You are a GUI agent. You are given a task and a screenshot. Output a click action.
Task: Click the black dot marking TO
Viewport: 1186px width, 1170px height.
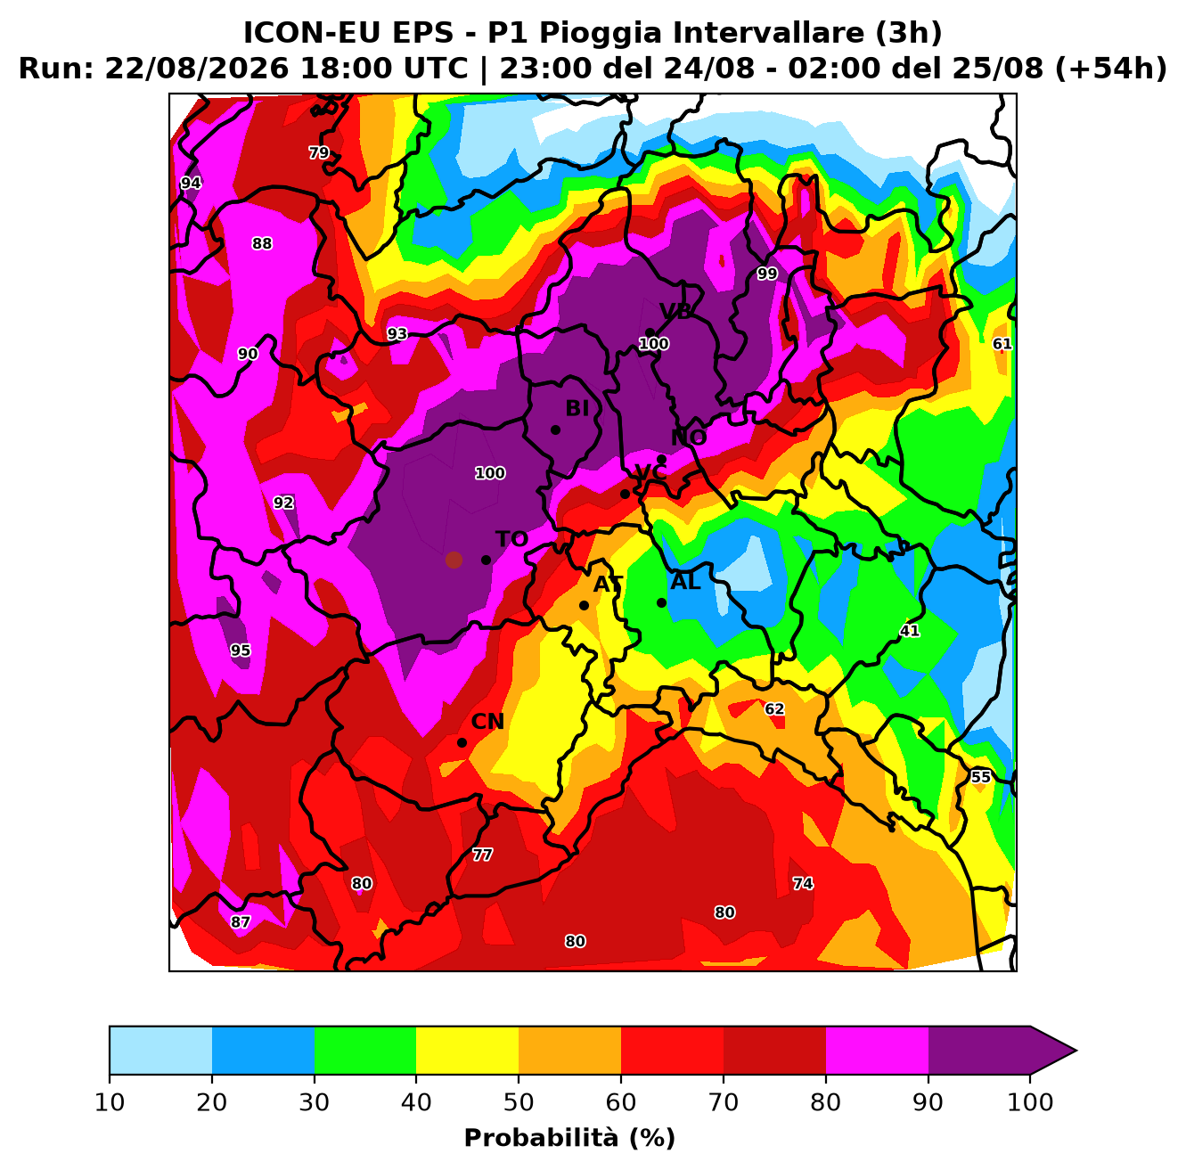pyautogui.click(x=486, y=560)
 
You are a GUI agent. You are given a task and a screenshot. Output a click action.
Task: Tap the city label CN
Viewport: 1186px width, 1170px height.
pyautogui.click(x=487, y=722)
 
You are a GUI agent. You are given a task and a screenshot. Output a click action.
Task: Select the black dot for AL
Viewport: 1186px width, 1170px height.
pyautogui.click(x=662, y=603)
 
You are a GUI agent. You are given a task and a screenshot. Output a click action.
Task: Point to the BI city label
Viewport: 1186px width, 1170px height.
pyautogui.click(x=577, y=408)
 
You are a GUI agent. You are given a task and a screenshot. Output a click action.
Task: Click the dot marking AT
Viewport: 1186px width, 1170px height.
pyautogui.click(x=584, y=606)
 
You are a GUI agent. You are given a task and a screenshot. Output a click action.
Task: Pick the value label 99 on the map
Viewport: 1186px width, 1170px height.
pyautogui.click(x=767, y=274)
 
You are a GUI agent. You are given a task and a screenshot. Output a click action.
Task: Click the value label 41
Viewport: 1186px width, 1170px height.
pyautogui.click(x=910, y=631)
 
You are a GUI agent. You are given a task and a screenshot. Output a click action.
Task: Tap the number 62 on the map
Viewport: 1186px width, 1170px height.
pyautogui.click(x=774, y=709)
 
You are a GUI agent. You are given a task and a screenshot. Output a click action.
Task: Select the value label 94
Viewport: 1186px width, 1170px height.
pyautogui.click(x=191, y=183)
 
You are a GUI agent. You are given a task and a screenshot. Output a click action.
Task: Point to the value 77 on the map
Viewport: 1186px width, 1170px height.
pyautogui.click(x=482, y=855)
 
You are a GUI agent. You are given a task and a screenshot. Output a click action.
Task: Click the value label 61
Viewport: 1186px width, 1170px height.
pyautogui.click(x=1002, y=344)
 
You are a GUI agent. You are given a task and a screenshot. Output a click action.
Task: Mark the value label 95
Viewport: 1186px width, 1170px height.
pyautogui.click(x=241, y=650)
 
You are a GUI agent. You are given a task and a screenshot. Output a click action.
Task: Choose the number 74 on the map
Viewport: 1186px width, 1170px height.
pyautogui.click(x=803, y=884)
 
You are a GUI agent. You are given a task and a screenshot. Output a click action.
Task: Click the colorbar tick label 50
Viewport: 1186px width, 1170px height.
pyautogui.click(x=519, y=1103)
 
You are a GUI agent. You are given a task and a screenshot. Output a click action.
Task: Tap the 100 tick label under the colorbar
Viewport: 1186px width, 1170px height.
pyautogui.click(x=1030, y=1103)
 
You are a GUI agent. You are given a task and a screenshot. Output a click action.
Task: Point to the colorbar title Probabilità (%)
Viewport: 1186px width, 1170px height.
pyautogui.click(x=570, y=1138)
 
